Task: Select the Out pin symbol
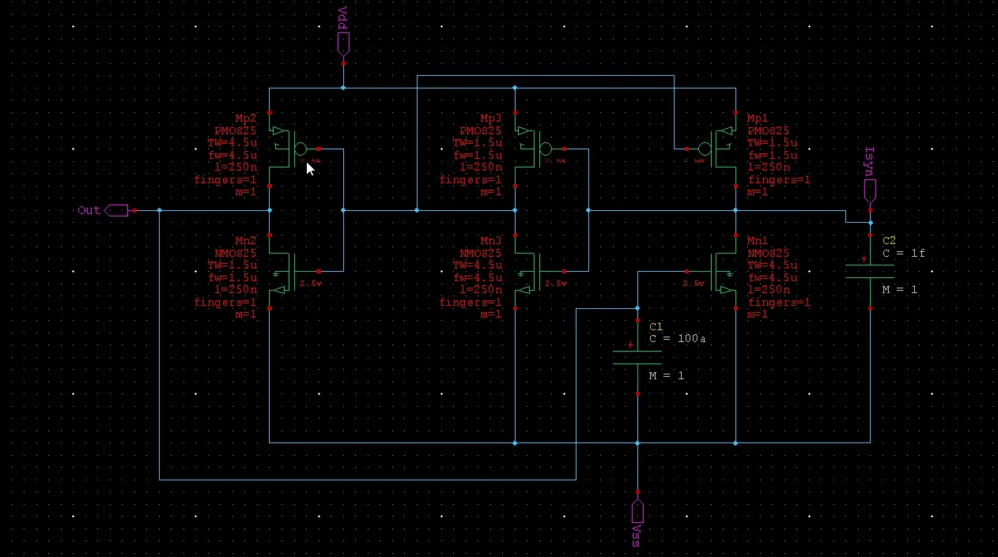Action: (115, 210)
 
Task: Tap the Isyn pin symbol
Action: (870, 190)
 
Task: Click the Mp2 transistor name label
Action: (246, 119)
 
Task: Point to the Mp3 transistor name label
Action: (491, 119)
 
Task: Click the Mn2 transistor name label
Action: (246, 241)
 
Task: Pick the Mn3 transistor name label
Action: (491, 241)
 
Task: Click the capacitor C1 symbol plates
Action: (637, 358)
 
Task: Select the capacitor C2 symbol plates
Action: (870, 272)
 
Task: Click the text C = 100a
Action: (677, 339)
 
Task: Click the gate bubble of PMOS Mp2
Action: (300, 149)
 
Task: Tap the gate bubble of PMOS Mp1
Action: (705, 149)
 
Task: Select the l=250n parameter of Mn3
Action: (478, 290)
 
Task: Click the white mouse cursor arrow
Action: (310, 168)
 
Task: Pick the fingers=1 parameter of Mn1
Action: (779, 303)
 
